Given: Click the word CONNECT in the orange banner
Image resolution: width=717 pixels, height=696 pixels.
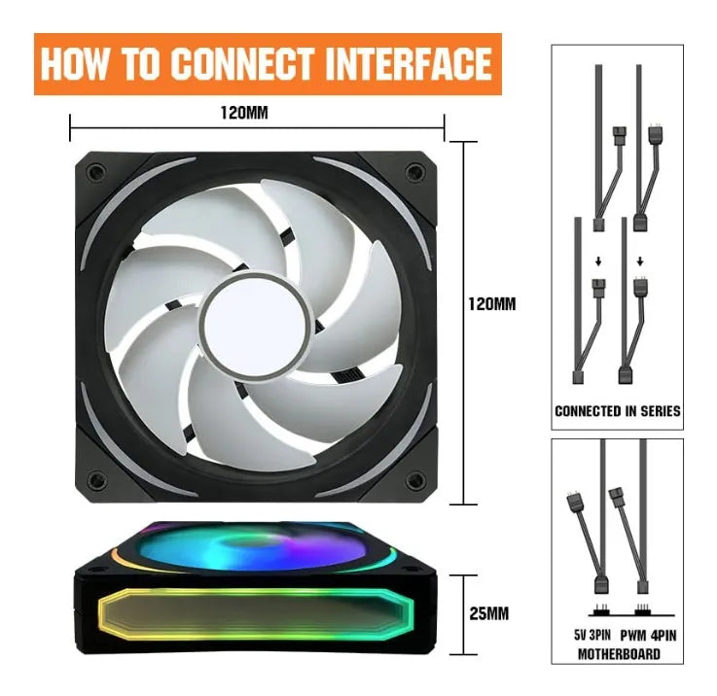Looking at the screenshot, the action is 244,63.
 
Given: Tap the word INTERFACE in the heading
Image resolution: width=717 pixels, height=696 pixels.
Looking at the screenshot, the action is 409,63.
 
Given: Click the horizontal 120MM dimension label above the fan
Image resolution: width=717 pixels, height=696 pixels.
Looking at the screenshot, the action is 244,113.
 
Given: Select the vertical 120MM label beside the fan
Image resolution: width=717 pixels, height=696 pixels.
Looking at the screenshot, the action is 492,304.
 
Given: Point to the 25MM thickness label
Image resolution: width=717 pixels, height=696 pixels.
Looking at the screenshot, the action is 488,613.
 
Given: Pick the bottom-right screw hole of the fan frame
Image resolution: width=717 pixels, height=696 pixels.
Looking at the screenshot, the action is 414,481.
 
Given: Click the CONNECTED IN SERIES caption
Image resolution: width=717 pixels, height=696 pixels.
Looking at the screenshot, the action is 618,411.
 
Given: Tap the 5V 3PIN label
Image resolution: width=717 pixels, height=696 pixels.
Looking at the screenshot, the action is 592,635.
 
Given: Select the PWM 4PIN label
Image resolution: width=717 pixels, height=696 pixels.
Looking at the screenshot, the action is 648,635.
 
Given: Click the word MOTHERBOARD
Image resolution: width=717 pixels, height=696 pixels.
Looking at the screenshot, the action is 619,654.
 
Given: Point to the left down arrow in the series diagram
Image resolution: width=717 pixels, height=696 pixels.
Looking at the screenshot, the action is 598,261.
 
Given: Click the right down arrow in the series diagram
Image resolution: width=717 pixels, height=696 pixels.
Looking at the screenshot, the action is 640,261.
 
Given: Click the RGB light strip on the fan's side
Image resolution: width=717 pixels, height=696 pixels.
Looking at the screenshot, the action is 257,614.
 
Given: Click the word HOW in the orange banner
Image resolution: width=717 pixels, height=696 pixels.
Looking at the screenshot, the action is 73,63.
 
